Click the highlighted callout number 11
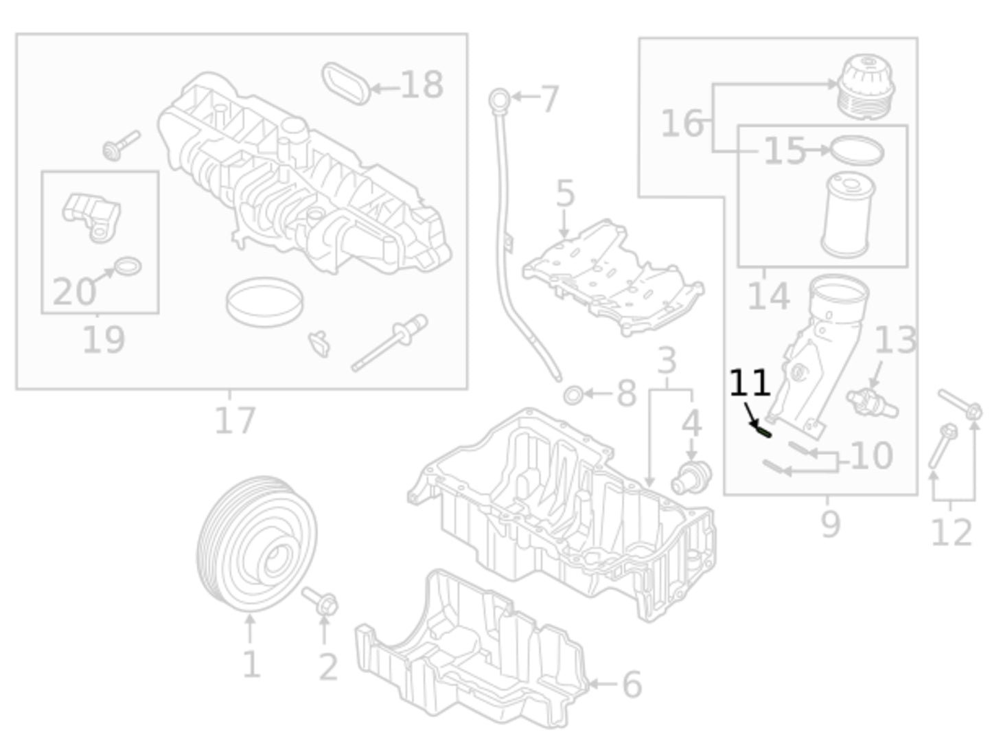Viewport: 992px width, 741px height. pos(748,383)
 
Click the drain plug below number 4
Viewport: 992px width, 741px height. pos(691,475)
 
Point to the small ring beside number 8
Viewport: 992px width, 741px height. pos(573,395)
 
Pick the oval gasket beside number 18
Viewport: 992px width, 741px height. pos(346,83)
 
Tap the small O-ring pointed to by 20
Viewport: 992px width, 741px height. pos(128,266)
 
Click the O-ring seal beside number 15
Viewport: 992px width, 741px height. pos(857,150)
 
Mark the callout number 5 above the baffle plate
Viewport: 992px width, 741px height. pos(564,194)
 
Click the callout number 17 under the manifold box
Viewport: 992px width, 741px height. pos(235,420)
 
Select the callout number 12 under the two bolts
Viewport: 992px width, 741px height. pos(951,532)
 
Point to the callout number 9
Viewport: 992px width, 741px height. pos(830,524)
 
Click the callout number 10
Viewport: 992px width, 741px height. pos(871,455)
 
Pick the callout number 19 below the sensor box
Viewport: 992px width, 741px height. pos(104,339)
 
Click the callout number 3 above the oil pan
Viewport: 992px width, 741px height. pos(667,360)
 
